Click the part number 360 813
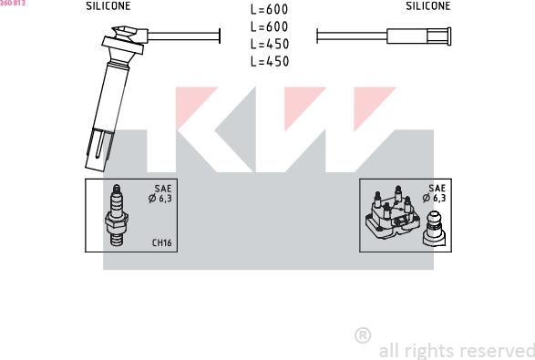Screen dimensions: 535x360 pyautogui.click(x=13, y=3)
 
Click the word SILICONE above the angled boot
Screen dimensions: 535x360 pyautogui.click(x=108, y=6)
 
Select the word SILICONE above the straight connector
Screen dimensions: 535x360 pyautogui.click(x=427, y=5)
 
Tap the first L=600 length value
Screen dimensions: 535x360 pyautogui.click(x=269, y=9)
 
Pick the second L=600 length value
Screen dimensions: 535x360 pyautogui.click(x=269, y=26)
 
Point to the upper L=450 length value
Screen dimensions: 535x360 pyautogui.click(x=270, y=44)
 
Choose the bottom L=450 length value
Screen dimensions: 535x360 pyautogui.click(x=270, y=61)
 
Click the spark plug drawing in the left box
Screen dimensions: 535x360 pyautogui.click(x=117, y=215)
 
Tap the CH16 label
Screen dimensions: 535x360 pyautogui.click(x=161, y=242)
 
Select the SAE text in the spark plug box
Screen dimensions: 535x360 pyautogui.click(x=163, y=189)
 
